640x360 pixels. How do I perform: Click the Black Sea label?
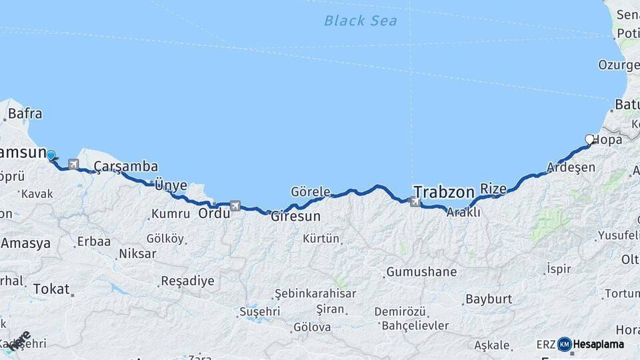click(x=360, y=21)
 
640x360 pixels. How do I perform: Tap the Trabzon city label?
click(x=444, y=191)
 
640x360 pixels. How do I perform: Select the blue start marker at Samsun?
click(x=51, y=156)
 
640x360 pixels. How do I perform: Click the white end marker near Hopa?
click(x=589, y=139)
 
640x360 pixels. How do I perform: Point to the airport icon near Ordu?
click(x=235, y=207)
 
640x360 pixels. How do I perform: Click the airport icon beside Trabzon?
click(x=417, y=201)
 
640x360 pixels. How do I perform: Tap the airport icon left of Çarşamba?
click(x=73, y=164)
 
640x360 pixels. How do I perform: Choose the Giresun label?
click(x=295, y=216)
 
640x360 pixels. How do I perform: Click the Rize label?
click(x=493, y=189)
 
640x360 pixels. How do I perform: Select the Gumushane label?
click(x=421, y=272)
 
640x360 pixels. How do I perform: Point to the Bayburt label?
click(x=488, y=299)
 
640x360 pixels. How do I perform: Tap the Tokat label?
click(x=51, y=289)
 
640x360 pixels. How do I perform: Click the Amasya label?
click(x=25, y=243)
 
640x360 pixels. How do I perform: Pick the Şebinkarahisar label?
click(x=315, y=293)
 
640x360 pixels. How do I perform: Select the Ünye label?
click(x=171, y=185)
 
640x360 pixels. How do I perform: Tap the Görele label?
click(x=311, y=192)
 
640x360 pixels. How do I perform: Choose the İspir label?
click(x=559, y=268)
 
